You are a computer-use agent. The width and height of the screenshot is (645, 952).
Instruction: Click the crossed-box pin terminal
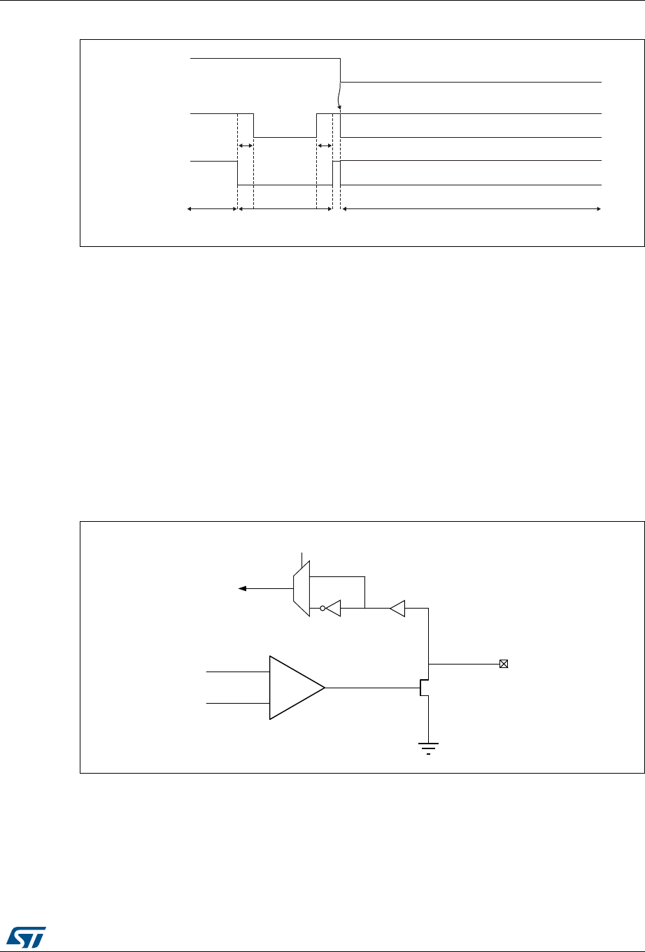point(503,663)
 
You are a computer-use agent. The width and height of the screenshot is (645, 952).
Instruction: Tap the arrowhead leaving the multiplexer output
point(243,589)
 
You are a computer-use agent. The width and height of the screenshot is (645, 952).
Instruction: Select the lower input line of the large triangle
point(238,703)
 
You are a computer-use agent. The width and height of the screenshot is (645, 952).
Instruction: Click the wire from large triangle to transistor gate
point(371,688)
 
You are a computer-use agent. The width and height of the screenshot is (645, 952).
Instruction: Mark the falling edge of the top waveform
point(341,70)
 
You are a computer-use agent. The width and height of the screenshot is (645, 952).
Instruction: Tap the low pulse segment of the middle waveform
point(285,137)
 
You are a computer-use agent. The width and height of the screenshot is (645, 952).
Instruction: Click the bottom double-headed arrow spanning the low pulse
point(285,208)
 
